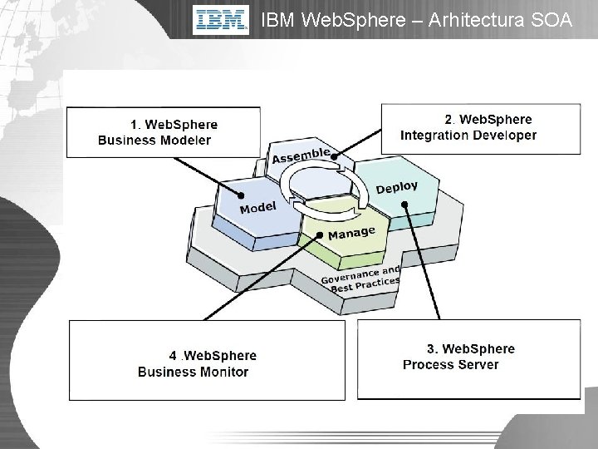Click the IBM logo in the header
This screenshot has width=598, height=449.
(222, 20)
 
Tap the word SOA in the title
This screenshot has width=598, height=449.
(548, 20)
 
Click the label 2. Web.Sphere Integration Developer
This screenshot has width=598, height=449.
(468, 127)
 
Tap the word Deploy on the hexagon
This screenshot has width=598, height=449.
(396, 188)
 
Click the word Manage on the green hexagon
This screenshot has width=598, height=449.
(351, 234)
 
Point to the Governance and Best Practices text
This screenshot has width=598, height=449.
(360, 279)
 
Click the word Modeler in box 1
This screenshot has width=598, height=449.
(187, 140)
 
